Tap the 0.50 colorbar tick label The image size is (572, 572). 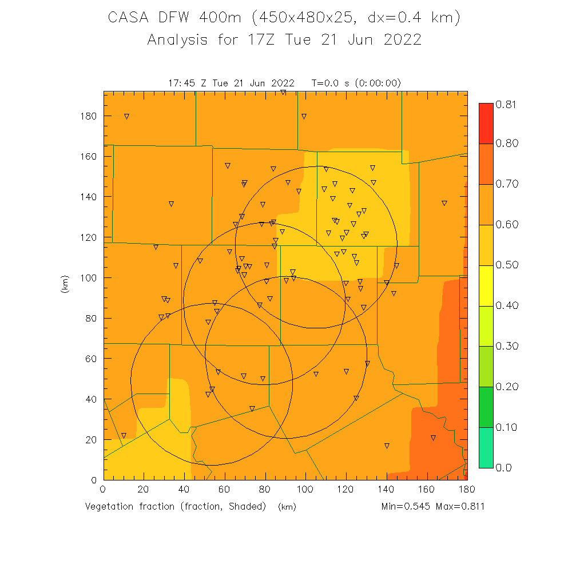point(506,265)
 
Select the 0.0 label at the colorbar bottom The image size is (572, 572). point(503,467)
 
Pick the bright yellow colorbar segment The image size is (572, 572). point(486,285)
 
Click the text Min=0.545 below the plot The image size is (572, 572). point(407,507)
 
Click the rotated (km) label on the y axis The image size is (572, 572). point(64,285)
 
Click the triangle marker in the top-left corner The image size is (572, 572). point(126,116)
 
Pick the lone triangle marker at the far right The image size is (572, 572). point(444,203)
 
